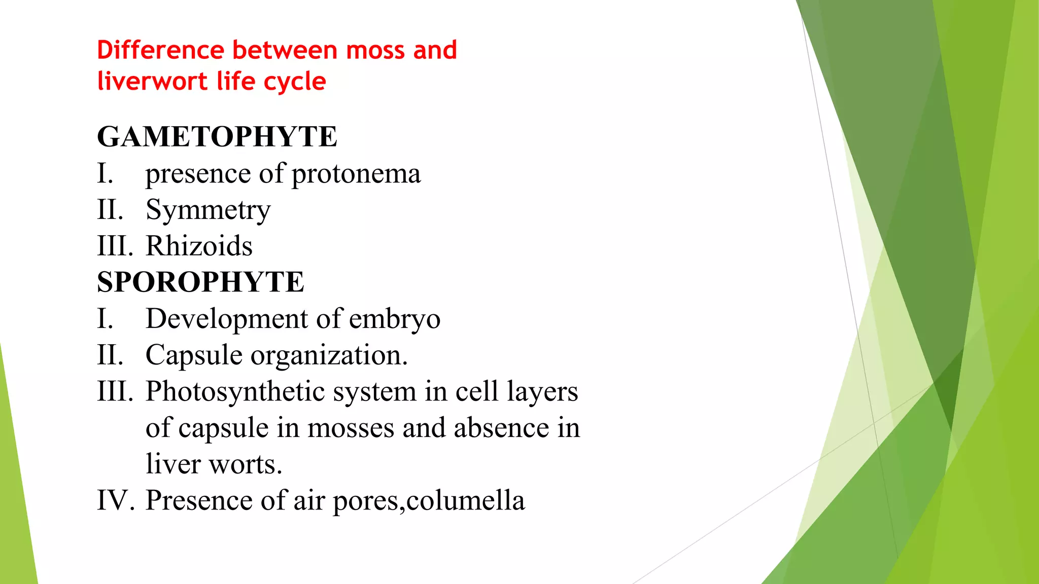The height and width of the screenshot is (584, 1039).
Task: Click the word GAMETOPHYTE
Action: (x=217, y=137)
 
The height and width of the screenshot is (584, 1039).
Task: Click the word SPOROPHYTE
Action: (x=200, y=282)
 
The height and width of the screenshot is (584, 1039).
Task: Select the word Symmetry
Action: (x=208, y=210)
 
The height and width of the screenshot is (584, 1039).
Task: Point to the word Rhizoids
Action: (x=199, y=246)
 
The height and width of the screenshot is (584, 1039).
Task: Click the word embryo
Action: (x=394, y=319)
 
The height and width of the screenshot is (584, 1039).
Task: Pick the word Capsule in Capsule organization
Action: (x=194, y=355)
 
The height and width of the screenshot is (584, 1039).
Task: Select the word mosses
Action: (x=351, y=428)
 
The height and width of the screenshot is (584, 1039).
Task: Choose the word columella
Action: (x=465, y=500)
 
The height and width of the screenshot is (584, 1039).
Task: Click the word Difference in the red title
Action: (x=161, y=50)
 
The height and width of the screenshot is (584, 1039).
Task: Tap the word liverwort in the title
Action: (x=152, y=82)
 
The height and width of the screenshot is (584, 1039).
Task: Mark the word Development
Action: (x=227, y=319)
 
